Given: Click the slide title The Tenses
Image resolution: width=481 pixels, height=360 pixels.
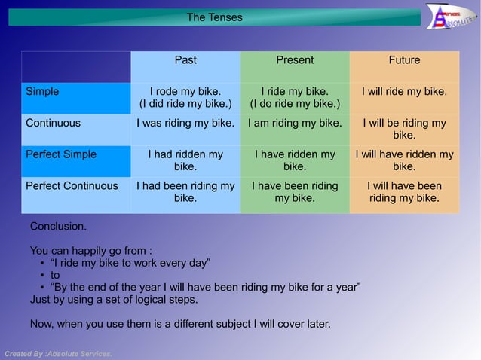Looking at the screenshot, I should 215,17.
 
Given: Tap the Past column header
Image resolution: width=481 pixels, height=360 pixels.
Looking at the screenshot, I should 185,60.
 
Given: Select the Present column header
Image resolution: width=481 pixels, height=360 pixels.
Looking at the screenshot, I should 295,60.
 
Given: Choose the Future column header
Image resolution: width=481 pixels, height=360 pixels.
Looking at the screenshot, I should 404,60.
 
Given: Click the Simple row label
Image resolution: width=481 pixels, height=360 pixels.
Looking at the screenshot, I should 42,92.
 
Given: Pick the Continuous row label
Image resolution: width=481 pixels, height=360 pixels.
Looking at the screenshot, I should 53,123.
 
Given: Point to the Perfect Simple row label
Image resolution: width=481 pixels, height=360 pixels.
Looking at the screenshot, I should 61,154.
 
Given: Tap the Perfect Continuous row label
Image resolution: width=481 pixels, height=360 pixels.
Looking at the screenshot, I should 72,185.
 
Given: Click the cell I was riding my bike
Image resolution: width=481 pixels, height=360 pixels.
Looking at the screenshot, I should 185,123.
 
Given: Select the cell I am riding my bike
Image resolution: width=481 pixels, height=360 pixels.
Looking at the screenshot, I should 295,123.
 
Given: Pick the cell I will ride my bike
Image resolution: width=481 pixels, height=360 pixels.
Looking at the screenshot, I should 404,92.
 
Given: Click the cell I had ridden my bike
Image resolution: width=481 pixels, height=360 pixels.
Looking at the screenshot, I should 185,160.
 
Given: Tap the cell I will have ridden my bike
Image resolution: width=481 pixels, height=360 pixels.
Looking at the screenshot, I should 404,160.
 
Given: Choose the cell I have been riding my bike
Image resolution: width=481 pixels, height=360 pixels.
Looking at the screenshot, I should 295,191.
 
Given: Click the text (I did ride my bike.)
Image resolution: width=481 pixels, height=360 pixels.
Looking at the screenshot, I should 185,103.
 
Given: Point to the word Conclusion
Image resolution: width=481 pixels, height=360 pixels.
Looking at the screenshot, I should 58,226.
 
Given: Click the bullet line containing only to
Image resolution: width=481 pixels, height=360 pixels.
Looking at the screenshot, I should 55,275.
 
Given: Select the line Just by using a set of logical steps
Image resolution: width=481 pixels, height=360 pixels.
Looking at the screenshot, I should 113,299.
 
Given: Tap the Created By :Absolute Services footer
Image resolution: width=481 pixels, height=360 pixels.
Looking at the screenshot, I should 58,353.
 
